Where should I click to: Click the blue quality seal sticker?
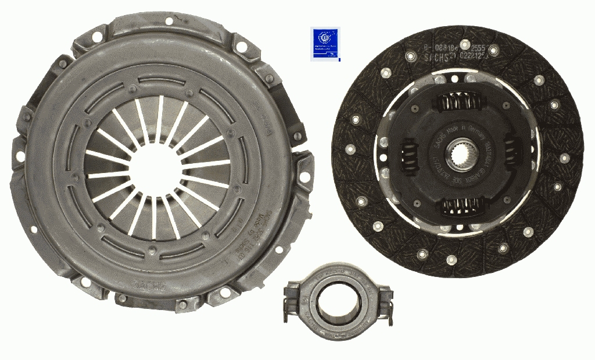point(325,44)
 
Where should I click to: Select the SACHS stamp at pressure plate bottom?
point(150,286)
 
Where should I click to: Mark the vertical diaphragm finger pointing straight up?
point(159,119)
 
